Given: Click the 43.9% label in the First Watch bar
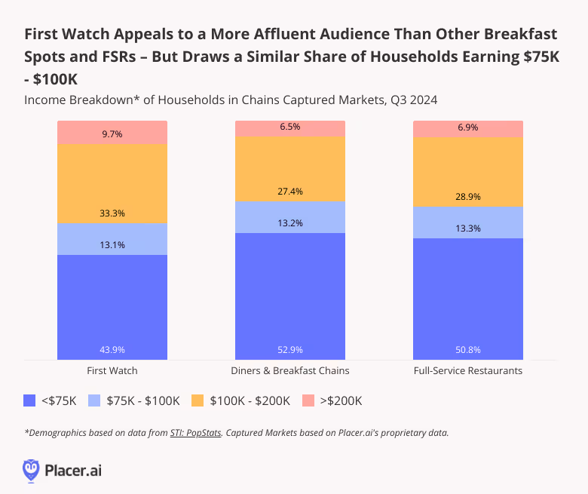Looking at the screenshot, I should [x=112, y=350].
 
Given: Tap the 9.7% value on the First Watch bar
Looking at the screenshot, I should [x=112, y=133].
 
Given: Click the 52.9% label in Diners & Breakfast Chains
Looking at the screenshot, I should [x=289, y=350].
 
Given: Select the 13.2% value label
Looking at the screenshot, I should [x=289, y=223].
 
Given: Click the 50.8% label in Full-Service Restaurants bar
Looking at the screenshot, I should [x=467, y=350].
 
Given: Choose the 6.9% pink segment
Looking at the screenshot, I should [x=467, y=129].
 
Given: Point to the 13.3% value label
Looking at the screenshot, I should [x=467, y=229].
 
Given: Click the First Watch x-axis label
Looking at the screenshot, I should [x=112, y=371].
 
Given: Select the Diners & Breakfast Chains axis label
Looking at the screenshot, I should [x=289, y=371].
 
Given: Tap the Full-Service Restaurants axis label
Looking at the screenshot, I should [x=467, y=371].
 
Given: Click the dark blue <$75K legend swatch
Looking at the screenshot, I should [x=31, y=400].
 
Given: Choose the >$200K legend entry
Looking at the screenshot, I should [x=332, y=400].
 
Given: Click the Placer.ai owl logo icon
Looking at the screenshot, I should [x=31, y=470].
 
